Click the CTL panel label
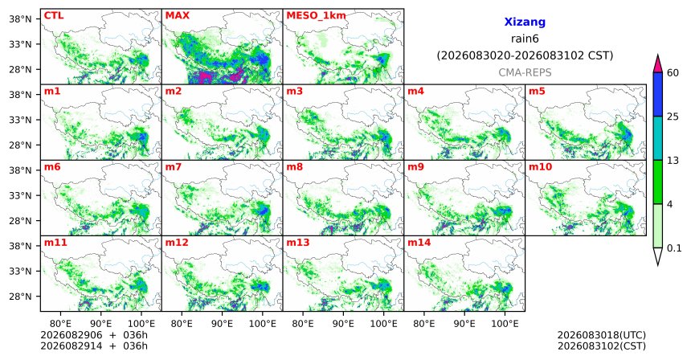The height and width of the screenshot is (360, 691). tap(54, 15)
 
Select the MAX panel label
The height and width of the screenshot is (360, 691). tap(177, 15)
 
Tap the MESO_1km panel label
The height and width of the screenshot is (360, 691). tap(316, 16)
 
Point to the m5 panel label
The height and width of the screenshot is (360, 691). tap(537, 92)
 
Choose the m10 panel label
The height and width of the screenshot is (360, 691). tap(540, 167)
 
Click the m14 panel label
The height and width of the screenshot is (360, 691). tap(419, 243)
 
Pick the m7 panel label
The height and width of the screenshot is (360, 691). tap(174, 167)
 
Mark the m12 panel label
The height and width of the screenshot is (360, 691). tap(177, 243)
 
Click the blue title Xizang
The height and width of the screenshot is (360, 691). tap(525, 22)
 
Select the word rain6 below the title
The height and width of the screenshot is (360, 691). tap(525, 39)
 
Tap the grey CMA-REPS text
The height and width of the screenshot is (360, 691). tap(525, 72)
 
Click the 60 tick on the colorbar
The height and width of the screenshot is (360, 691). tap(673, 72)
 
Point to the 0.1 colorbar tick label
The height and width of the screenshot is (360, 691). tap(674, 248)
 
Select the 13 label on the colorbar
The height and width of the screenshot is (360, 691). tap(673, 161)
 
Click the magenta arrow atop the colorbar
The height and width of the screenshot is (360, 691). tap(658, 63)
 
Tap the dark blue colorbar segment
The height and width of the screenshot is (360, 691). tap(658, 94)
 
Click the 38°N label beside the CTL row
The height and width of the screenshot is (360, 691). tap(20, 18)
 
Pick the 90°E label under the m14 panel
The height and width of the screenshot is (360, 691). tap(464, 324)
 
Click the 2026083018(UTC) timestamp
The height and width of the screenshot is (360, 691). tap(602, 336)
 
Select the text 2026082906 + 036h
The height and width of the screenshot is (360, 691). tap(94, 335)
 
